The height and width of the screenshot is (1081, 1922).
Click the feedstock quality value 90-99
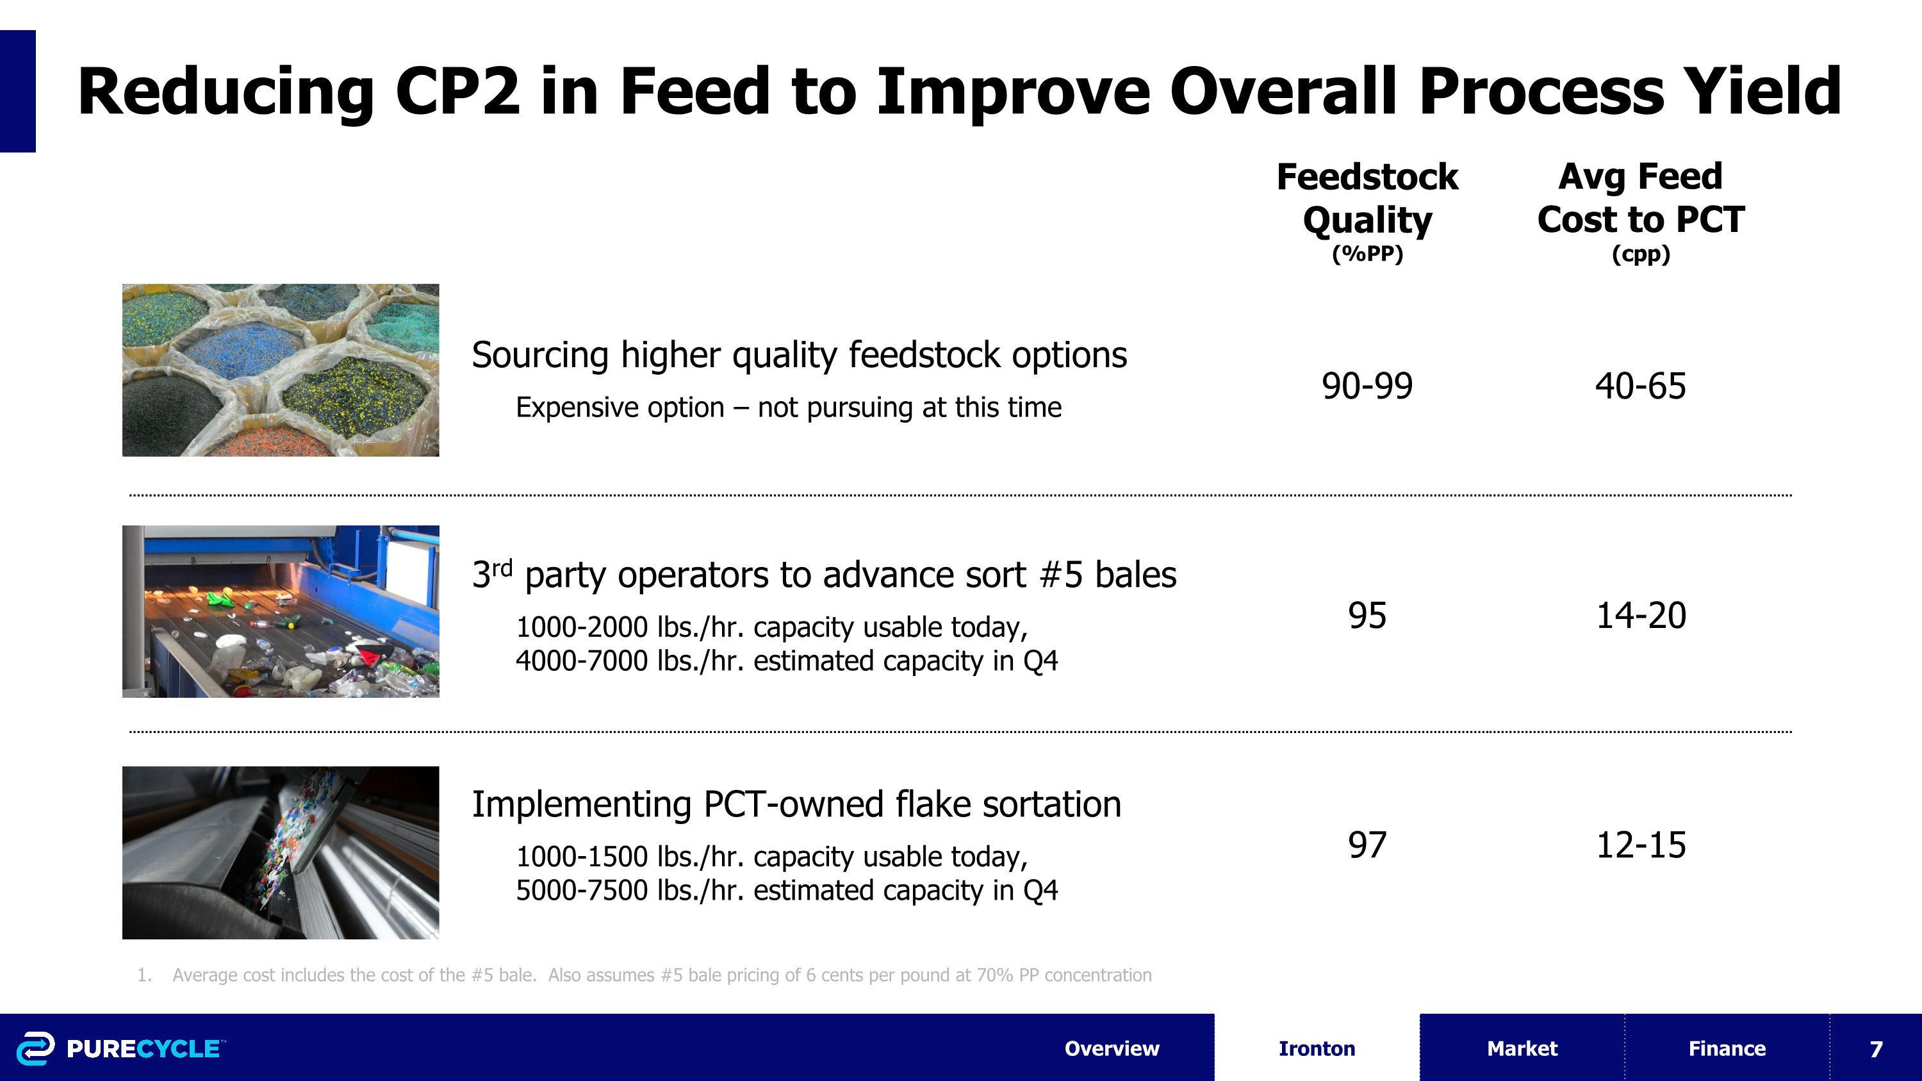tap(1367, 386)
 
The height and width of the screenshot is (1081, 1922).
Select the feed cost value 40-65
tap(1640, 386)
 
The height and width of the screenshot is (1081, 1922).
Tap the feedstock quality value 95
tap(1367, 616)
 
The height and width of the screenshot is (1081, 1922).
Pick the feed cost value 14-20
tap(1640, 616)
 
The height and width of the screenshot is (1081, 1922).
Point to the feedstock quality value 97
tap(1367, 845)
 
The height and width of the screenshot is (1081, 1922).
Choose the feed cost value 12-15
tap(1640, 845)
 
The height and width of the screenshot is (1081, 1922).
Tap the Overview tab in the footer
tap(1112, 1048)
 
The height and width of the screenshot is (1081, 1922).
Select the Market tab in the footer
tap(1522, 1048)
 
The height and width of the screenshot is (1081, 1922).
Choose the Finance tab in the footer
tap(1727, 1048)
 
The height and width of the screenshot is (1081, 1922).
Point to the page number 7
tap(1876, 1049)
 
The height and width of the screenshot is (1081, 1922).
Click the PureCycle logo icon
tap(35, 1048)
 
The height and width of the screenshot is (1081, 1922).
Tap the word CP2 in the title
tap(457, 91)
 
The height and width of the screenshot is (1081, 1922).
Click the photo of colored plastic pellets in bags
tap(281, 370)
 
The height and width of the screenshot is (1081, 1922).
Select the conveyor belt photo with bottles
tap(281, 612)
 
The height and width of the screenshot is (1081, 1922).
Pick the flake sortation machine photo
tap(281, 853)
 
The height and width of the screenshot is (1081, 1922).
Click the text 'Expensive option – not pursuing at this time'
tap(789, 408)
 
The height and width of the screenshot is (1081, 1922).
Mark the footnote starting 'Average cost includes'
tap(661, 975)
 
